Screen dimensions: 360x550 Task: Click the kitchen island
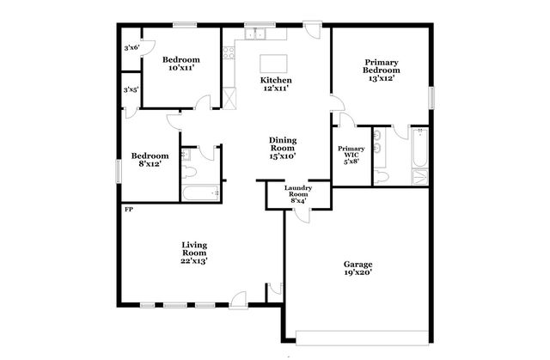click(274, 63)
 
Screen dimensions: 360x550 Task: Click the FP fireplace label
click(128, 210)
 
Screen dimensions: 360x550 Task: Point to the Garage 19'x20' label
click(357, 269)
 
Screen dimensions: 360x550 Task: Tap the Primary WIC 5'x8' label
click(351, 153)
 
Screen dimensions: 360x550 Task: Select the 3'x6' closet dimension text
click(131, 48)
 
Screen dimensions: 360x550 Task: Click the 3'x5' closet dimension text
click(131, 89)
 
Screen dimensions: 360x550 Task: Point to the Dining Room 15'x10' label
click(282, 149)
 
